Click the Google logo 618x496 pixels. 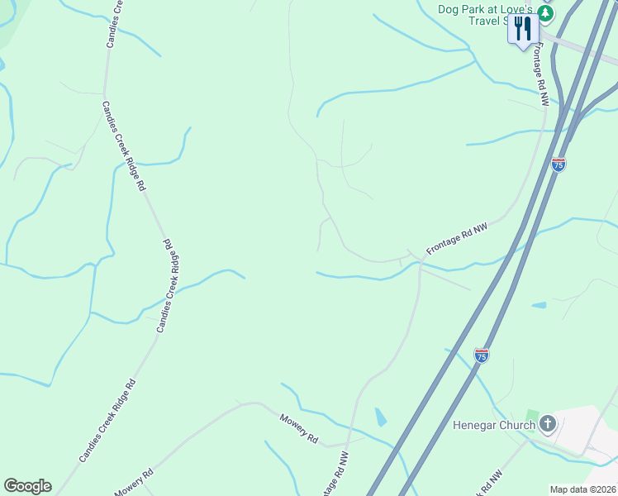coord(27,486)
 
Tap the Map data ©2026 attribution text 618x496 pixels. coord(583,489)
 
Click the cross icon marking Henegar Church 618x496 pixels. coord(547,425)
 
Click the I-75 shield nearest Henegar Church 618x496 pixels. coord(482,355)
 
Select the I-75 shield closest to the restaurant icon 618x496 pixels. coord(559,165)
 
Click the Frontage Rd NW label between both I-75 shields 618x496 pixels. coord(457,241)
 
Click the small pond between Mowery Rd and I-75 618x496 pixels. coord(380,417)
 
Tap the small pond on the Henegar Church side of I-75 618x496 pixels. coord(539,306)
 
